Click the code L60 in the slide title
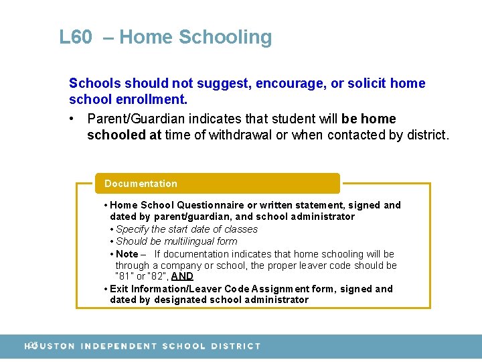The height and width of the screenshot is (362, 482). coord(75,37)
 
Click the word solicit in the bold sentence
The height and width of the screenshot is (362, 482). coord(366,83)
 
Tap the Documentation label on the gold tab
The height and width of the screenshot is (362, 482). coord(141,184)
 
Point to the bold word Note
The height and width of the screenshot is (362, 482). coord(127,254)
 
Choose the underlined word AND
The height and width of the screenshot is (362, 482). coord(182,276)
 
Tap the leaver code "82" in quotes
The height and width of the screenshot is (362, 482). coord(157,276)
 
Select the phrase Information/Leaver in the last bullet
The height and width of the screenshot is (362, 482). coord(177,289)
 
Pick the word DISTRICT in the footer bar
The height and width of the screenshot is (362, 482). coord(235,346)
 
